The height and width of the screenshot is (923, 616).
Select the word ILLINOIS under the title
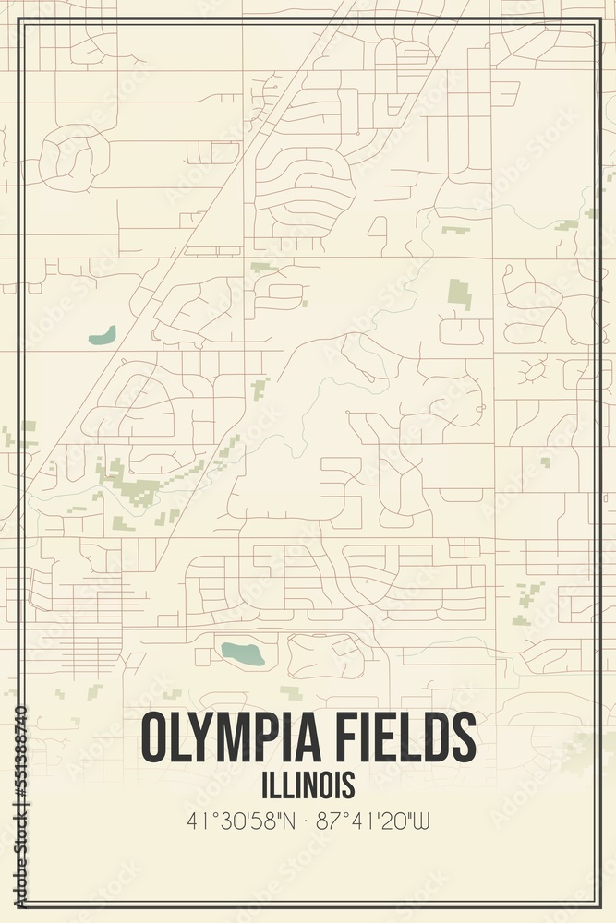(308, 785)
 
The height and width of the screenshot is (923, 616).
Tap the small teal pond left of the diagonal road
(102, 334)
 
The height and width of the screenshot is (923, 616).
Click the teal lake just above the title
(242, 653)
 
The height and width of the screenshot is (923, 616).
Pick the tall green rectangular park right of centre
(459, 294)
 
